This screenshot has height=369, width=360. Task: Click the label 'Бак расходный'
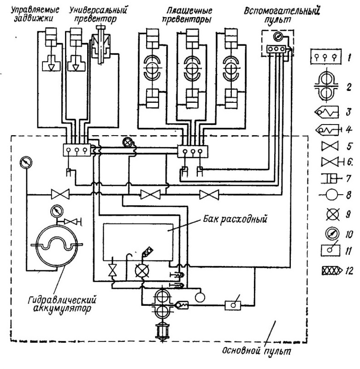click(x=235, y=220)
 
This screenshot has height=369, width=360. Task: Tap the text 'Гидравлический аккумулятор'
click(x=62, y=304)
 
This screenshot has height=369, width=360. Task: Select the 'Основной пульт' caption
click(x=257, y=351)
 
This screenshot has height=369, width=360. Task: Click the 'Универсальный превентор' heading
click(x=97, y=15)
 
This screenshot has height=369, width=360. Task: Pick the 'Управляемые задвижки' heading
click(x=35, y=14)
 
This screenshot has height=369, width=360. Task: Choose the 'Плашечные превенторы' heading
click(x=188, y=15)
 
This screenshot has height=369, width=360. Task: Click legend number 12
click(x=349, y=271)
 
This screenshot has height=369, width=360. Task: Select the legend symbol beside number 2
click(x=326, y=87)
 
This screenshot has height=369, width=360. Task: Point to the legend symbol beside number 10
click(x=332, y=234)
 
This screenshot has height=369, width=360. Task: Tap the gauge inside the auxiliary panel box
click(x=278, y=37)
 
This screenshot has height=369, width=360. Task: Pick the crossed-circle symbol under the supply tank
click(x=142, y=270)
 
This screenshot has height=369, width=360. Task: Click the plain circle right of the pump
click(x=200, y=297)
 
